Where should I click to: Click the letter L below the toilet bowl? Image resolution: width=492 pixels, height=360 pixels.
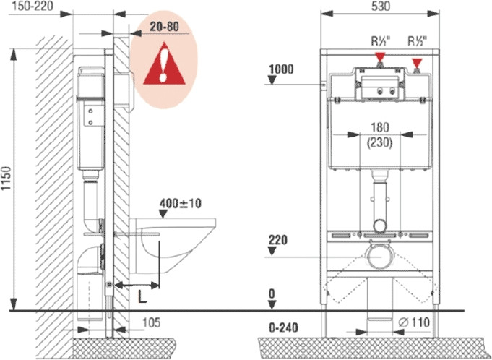pyautogui.click(x=142, y=296)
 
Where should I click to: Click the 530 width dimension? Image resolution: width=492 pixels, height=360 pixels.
pyautogui.click(x=379, y=7)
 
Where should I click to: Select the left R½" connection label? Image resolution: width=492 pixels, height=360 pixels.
pyautogui.click(x=381, y=41)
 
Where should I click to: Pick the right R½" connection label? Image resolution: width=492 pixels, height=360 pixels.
pyautogui.click(x=418, y=41)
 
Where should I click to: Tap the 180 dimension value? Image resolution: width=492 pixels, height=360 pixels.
pyautogui.click(x=379, y=128)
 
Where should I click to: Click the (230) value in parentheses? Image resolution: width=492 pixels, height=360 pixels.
pyautogui.click(x=379, y=142)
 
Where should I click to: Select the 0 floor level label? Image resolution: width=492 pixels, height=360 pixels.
pyautogui.click(x=272, y=294)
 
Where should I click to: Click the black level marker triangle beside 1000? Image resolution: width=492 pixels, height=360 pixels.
pyautogui.click(x=273, y=80)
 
